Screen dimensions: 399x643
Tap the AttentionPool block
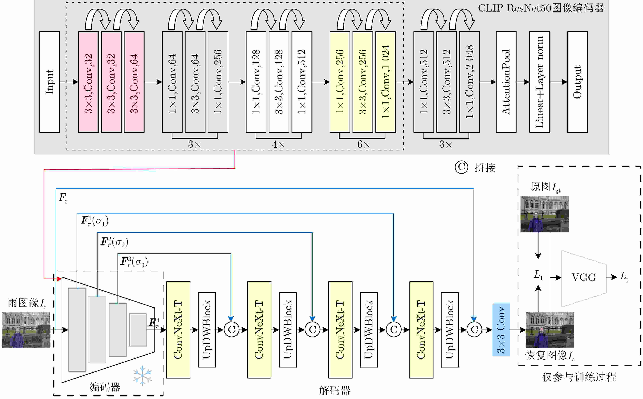point(506,82)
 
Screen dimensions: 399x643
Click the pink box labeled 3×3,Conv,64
point(134,82)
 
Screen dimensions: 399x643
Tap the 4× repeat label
point(279,144)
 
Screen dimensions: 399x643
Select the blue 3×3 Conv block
point(501,330)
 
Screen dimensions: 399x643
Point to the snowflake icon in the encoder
point(142,375)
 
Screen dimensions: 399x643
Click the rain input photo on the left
point(26,330)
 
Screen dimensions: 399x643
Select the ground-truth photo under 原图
point(544,214)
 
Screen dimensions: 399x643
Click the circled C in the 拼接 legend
point(461,167)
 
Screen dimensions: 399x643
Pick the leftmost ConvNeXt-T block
point(178,330)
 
